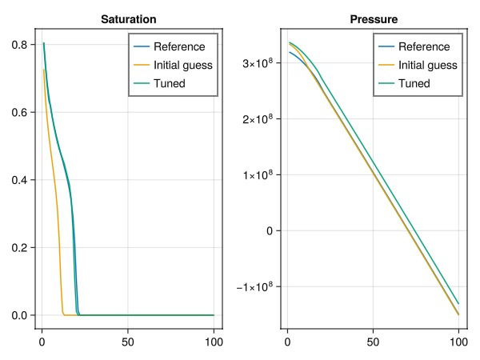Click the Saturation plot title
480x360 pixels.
click(x=129, y=19)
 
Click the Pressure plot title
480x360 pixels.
click(x=374, y=19)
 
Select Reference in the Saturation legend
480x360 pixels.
click(x=179, y=46)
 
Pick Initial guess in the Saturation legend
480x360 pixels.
click(x=182, y=65)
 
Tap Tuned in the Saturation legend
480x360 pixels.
click(x=170, y=83)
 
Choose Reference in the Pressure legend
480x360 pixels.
click(x=424, y=46)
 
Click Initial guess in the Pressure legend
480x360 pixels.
click(x=428, y=65)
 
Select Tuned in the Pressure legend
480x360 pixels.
click(x=414, y=83)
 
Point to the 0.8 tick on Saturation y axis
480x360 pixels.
click(x=19, y=45)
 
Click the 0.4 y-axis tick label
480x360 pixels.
click(x=19, y=180)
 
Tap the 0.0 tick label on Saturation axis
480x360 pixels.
click(x=19, y=315)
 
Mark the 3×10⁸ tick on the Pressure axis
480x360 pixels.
click(x=258, y=62)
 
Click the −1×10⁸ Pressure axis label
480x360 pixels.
click(x=254, y=286)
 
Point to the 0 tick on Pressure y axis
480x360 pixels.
click(x=270, y=231)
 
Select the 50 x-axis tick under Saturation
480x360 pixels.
click(x=128, y=342)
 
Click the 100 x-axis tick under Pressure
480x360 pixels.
click(x=458, y=342)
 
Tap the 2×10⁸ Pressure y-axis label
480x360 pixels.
click(x=258, y=118)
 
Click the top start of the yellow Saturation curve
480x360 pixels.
click(x=43, y=70)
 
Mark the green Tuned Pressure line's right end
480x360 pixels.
click(x=458, y=304)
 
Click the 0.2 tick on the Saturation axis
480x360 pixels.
click(x=19, y=248)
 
